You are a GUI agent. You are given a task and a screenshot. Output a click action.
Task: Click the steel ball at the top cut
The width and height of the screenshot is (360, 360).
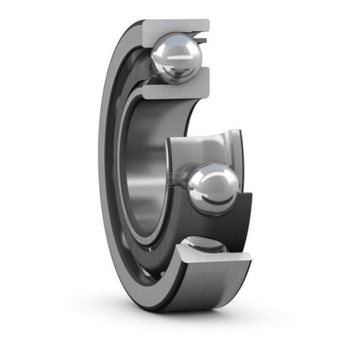[x=177, y=57]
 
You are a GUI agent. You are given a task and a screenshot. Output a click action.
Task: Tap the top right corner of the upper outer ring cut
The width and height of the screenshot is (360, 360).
[x=209, y=22]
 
